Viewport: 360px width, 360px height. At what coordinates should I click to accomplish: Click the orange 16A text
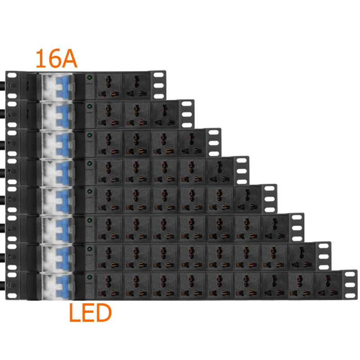[56, 58]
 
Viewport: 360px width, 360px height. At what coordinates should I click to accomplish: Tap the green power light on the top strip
[89, 78]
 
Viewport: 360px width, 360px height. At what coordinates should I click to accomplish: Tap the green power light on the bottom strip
[89, 278]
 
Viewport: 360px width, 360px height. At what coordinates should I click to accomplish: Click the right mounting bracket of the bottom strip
[350, 285]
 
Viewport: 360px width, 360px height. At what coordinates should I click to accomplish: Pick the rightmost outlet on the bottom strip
[328, 285]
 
